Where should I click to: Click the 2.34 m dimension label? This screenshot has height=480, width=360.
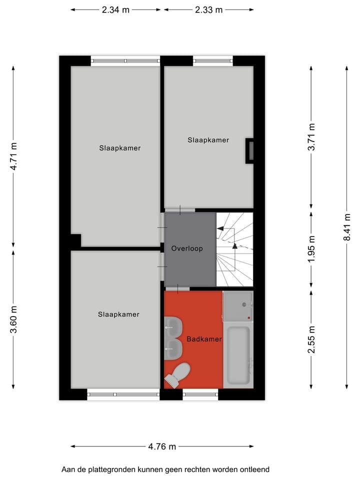[x=116, y=9]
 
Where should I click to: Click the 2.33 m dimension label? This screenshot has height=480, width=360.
[x=208, y=9]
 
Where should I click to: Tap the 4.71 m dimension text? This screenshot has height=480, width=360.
[x=14, y=156]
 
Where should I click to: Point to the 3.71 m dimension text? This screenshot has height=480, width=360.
[x=311, y=137]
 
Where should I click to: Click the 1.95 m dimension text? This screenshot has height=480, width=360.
[x=311, y=249]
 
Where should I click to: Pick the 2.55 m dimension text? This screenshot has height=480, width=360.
[x=311, y=339]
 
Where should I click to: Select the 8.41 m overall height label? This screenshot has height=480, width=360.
[x=346, y=227]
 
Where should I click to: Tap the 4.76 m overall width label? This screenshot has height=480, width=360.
[x=162, y=446]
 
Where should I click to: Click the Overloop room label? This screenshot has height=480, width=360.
[x=186, y=248]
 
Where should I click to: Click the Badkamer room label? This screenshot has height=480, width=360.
[x=204, y=339]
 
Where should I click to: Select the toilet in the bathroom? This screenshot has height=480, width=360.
[x=178, y=374]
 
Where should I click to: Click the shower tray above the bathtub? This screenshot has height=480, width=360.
[x=238, y=306]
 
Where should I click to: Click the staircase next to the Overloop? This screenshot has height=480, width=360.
[x=234, y=248]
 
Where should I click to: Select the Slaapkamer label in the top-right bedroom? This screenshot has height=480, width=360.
[x=208, y=140]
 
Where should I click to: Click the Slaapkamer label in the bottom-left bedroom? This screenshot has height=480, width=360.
[x=118, y=314]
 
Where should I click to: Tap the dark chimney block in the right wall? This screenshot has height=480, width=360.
[x=250, y=151]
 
